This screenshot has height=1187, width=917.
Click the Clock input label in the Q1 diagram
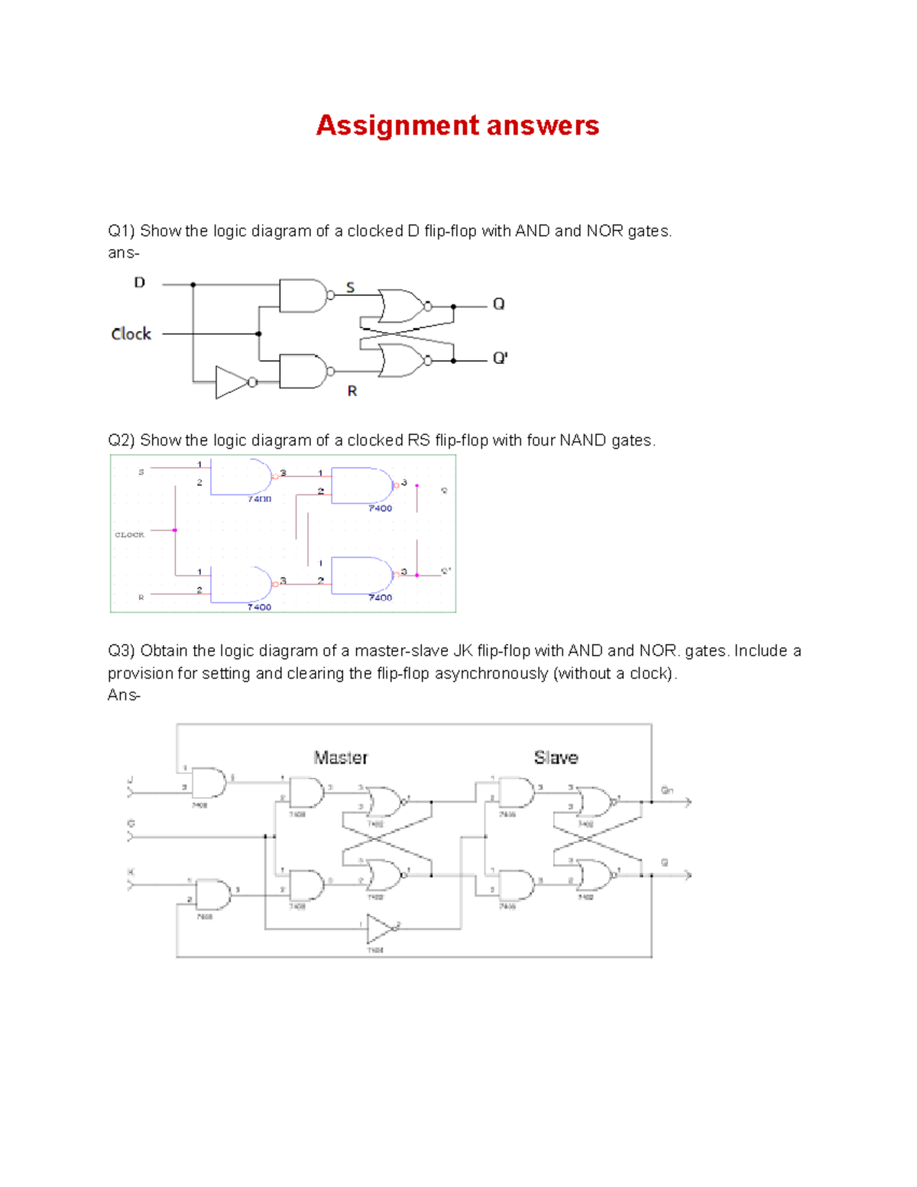pos(131,334)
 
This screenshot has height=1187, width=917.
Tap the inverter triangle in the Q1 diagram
pos(231,382)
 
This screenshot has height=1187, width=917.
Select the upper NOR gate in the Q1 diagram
pos(402,306)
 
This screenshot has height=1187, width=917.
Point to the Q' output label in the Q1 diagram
pos(500,358)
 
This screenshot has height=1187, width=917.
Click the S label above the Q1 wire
pos(351,287)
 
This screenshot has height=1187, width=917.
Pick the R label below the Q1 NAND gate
pos(352,391)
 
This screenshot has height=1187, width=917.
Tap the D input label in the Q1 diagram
pos(139,283)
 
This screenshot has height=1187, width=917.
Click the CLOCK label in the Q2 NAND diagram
pos(130,534)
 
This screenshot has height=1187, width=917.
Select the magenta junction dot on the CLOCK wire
pos(175,530)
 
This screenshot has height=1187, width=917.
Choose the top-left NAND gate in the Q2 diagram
pos(241,476)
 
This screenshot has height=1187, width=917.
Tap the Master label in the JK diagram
pos(341,757)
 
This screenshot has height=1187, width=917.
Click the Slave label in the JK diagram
pos(556,757)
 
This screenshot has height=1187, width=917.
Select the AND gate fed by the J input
pos(209,783)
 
